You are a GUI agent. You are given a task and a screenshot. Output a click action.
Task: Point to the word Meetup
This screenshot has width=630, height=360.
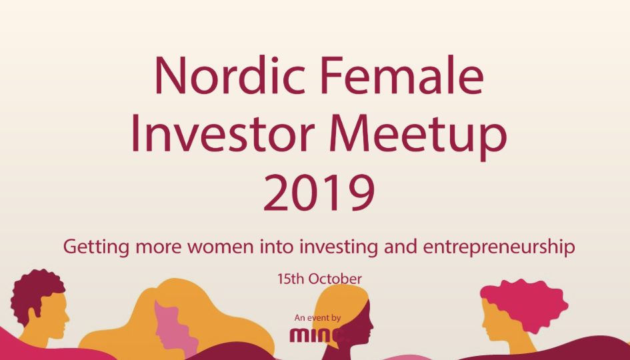418,137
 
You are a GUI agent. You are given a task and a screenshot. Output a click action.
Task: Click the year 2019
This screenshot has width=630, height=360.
319,193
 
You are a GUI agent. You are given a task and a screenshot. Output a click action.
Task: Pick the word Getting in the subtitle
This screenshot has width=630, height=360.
96,246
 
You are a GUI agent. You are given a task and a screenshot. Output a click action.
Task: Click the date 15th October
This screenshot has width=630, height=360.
319,279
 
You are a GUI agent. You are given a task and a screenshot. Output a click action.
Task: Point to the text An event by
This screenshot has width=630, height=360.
317,318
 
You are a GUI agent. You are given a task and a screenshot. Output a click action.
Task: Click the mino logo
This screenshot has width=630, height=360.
319,335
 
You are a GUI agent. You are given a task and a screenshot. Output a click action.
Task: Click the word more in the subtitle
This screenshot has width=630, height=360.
158,246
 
